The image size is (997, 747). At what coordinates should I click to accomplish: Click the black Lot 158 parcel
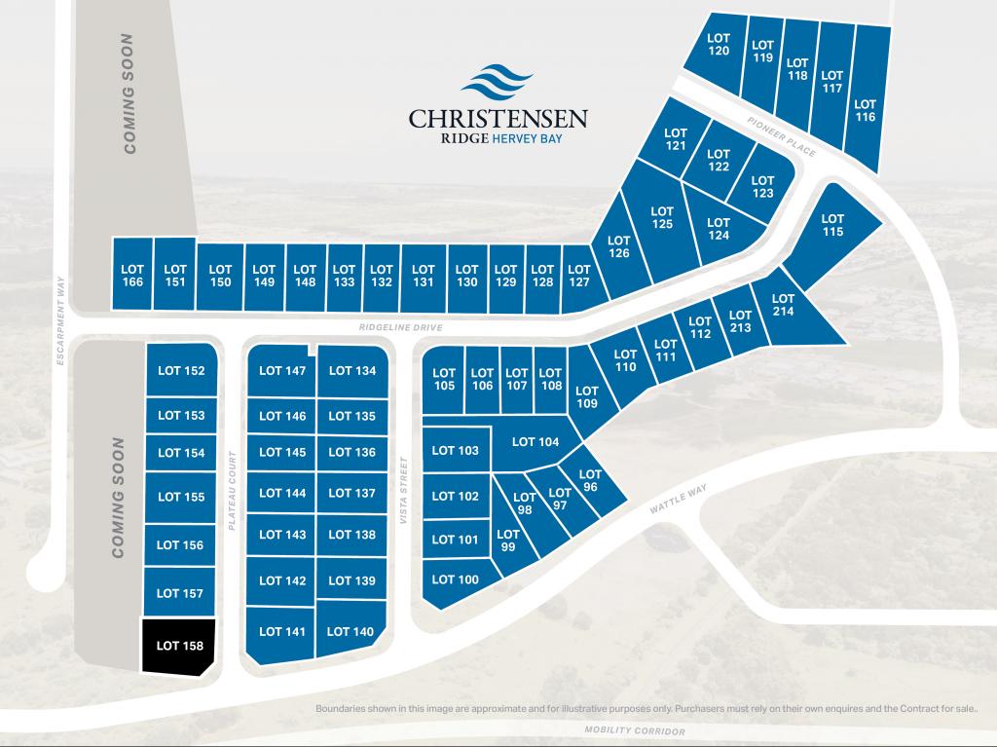(179, 645)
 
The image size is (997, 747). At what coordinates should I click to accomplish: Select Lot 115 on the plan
(832, 226)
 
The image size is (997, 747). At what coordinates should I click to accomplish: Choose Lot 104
(535, 442)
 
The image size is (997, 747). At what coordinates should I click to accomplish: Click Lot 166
(132, 276)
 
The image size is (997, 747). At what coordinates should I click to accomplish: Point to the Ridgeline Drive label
(400, 328)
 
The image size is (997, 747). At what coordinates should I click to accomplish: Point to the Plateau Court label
(233, 490)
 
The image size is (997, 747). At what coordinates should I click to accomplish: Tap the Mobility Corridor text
(635, 730)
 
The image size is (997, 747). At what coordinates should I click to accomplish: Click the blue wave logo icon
(498, 85)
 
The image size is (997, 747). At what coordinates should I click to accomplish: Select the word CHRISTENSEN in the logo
(498, 119)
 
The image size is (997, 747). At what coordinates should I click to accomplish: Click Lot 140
(351, 631)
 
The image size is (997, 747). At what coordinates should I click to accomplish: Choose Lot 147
(282, 370)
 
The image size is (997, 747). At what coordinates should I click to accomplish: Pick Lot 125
(662, 217)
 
